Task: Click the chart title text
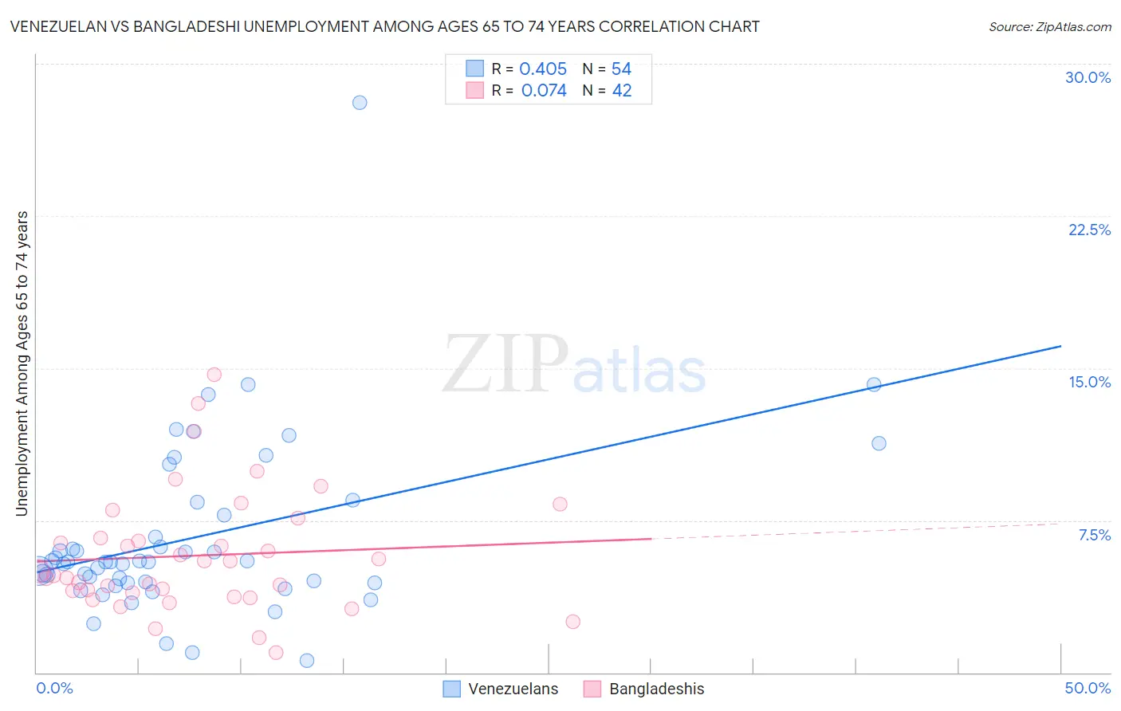tap(384, 26)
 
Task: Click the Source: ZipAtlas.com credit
tap(1049, 26)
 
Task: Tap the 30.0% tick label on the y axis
tap(1088, 77)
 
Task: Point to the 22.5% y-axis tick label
tap(1089, 230)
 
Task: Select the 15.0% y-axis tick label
tap(1089, 382)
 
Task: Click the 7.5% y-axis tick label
tap(1094, 535)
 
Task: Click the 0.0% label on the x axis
tap(54, 688)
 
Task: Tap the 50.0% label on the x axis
tap(1088, 688)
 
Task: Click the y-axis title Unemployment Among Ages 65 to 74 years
tap(22, 363)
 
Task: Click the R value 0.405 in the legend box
tap(543, 69)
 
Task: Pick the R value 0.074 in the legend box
tap(544, 91)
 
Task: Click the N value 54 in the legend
tap(621, 69)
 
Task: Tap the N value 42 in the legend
tap(621, 91)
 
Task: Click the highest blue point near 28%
tap(360, 103)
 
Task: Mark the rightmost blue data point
tap(879, 443)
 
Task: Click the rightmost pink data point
tap(572, 622)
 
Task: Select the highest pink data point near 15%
tap(214, 375)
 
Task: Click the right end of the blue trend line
tap(1060, 346)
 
